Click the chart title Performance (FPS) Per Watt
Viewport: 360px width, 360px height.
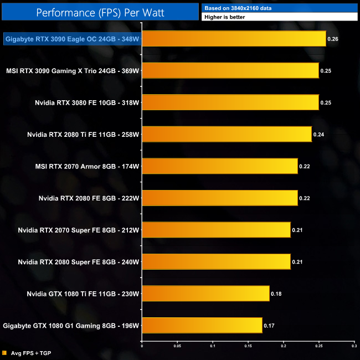pyautogui.click(x=100, y=12)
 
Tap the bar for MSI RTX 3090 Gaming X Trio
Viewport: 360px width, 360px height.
pyautogui.click(x=230, y=70)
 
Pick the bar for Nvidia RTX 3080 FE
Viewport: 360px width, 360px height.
pyautogui.click(x=230, y=102)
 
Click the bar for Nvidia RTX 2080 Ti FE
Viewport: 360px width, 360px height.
pyautogui.click(x=227, y=134)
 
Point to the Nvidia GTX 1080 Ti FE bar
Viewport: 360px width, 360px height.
pyautogui.click(x=205, y=293)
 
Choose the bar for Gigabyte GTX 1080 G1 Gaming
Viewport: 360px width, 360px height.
pyautogui.click(x=202, y=325)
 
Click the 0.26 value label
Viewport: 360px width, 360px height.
pyautogui.click(x=333, y=39)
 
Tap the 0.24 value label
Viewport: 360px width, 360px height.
pyautogui.click(x=318, y=134)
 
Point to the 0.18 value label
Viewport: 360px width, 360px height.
pyautogui.click(x=276, y=293)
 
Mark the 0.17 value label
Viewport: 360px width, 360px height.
pyautogui.click(x=269, y=325)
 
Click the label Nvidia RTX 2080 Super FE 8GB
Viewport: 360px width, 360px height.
pyautogui.click(x=78, y=261)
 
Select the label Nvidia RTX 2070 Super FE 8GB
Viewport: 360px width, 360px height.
pyautogui.click(x=78, y=230)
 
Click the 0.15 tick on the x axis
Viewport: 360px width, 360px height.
pyautogui.click(x=248, y=346)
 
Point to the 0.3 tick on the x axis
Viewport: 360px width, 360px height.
pyautogui.click(x=353, y=346)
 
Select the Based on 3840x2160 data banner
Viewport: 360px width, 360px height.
pyautogui.click(x=280, y=8)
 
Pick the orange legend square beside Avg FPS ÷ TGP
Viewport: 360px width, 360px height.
pyautogui.click(x=4, y=352)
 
